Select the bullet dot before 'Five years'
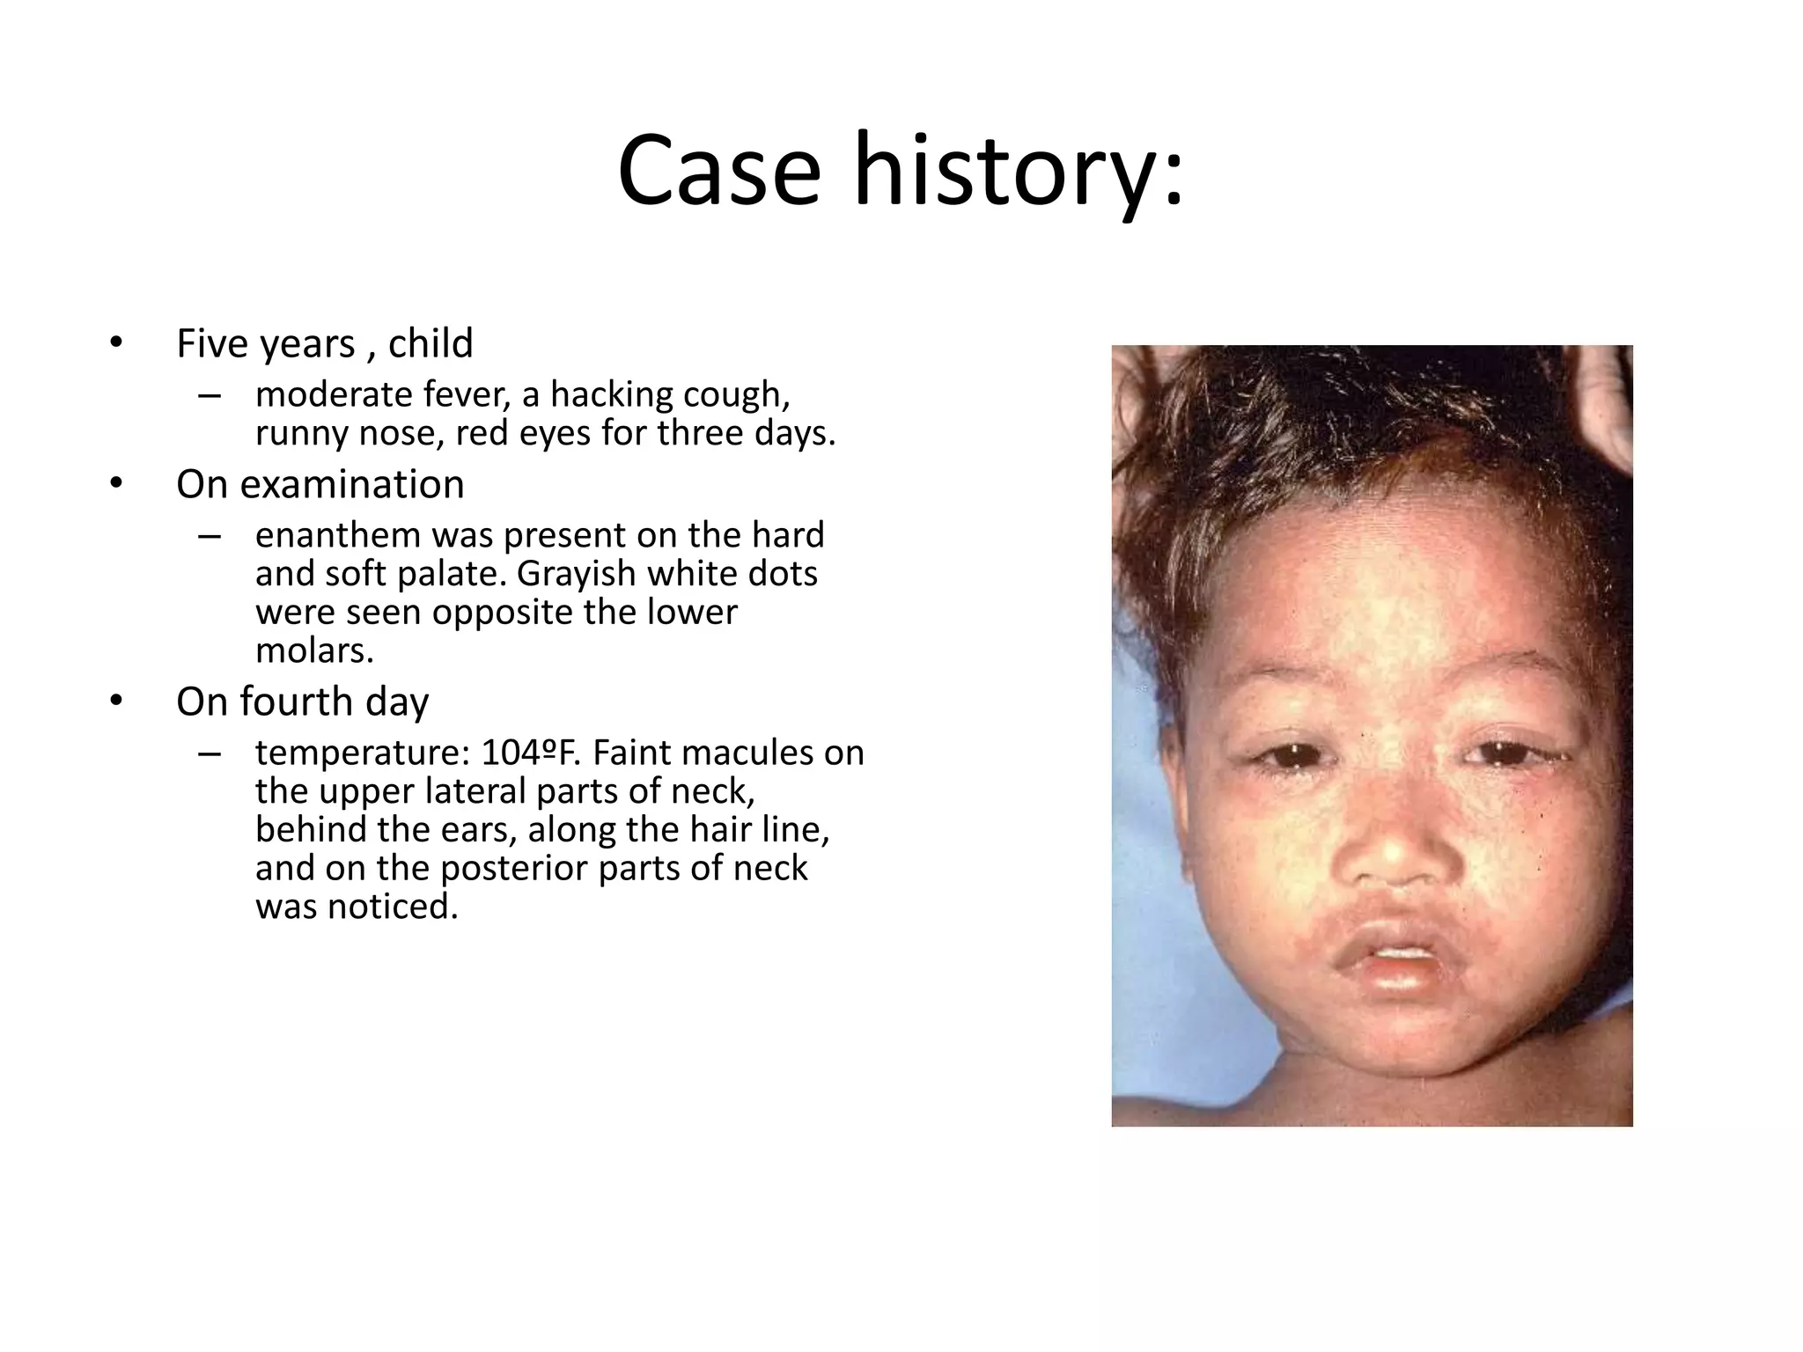point(116,343)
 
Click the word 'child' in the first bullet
point(431,343)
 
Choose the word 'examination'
point(351,484)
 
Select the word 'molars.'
point(314,650)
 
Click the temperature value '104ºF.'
point(532,753)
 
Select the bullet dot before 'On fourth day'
point(116,702)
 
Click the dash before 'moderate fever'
point(210,396)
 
